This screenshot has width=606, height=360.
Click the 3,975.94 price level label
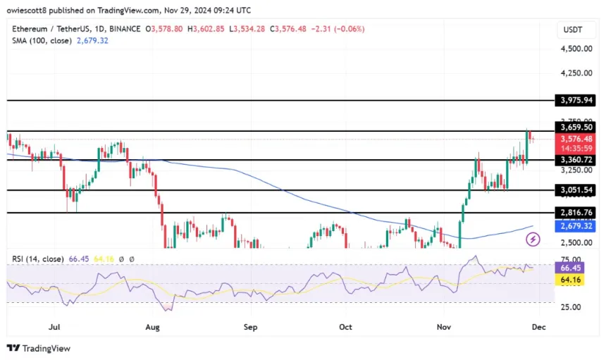pos(574,101)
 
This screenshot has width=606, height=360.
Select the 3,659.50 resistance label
pos(574,128)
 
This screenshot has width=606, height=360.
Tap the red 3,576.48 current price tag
pos(574,139)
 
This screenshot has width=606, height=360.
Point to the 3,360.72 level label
pos(574,160)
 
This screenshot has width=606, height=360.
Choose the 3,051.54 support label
pos(574,190)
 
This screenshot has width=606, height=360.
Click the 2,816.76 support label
pos(574,213)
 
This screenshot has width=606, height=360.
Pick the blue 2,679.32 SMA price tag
pos(574,226)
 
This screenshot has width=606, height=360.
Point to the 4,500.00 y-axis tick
pos(575,49)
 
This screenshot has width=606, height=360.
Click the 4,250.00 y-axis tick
pos(575,73)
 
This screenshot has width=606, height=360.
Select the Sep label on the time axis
pos(250,327)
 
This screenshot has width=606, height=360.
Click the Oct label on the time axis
pos(345,327)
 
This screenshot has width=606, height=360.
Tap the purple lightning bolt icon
pos(533,240)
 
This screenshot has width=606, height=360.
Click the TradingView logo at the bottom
pos(39,348)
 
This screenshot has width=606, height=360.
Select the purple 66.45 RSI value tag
pos(574,268)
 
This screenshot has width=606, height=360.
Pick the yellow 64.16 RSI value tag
pos(574,279)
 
